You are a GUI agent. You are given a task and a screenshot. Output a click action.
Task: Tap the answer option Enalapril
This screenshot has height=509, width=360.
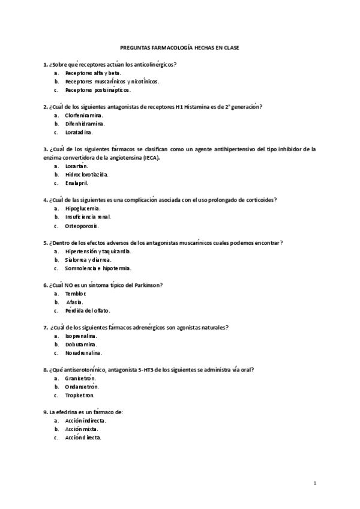pos(77,183)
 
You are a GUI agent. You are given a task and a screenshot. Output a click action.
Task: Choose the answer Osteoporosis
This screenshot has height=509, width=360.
pos(82,226)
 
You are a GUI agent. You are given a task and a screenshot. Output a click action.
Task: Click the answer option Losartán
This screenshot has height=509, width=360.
pos(76,166)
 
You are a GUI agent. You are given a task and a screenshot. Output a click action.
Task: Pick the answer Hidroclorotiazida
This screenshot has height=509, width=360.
pos(87,174)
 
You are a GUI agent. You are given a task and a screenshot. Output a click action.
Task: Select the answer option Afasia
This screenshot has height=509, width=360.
pos(75,302)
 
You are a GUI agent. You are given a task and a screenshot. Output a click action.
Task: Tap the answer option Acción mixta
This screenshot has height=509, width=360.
pos(82,429)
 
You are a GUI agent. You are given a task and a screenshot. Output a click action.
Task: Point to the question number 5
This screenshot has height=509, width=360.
pos(45,242)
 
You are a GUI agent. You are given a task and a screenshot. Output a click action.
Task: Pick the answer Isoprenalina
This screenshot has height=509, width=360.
pos(81,336)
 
